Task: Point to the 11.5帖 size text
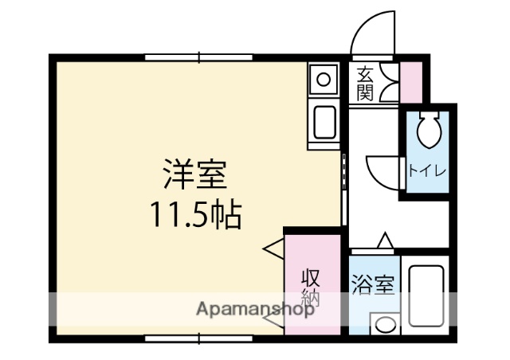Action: (195, 214)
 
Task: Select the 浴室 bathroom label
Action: (373, 284)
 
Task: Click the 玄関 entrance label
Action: (365, 83)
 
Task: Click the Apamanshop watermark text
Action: (255, 310)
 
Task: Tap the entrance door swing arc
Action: (375, 32)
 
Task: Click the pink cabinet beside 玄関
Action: (411, 82)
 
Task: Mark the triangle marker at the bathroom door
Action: (385, 241)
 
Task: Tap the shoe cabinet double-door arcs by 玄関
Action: (388, 83)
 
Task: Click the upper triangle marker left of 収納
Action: (273, 248)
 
